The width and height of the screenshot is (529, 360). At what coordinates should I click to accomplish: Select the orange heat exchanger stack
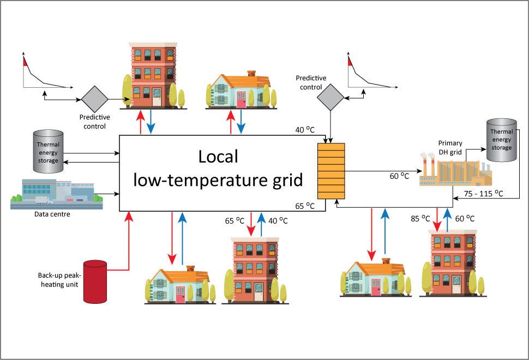click(332, 171)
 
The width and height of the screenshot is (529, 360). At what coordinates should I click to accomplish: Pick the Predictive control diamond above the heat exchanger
click(330, 98)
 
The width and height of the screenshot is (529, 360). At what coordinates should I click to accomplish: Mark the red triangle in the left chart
click(24, 62)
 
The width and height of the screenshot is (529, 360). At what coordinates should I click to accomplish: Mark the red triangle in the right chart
click(351, 62)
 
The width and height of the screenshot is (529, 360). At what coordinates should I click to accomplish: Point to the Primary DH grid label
click(450, 147)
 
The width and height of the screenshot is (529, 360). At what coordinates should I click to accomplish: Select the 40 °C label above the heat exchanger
click(303, 129)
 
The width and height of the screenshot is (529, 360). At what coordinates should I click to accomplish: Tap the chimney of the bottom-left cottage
click(190, 268)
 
